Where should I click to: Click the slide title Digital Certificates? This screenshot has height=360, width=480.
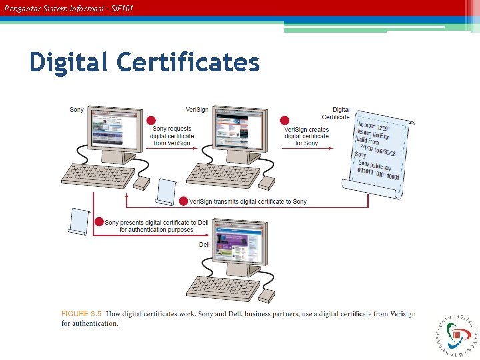click(144, 63)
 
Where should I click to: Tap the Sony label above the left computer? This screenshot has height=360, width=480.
click(77, 110)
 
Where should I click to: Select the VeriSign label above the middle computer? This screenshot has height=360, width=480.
click(197, 110)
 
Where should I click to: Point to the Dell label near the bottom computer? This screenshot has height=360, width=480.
click(204, 245)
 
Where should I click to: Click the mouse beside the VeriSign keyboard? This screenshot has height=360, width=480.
click(267, 182)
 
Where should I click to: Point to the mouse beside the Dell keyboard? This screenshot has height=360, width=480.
click(267, 295)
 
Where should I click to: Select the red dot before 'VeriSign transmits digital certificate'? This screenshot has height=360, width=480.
click(183, 201)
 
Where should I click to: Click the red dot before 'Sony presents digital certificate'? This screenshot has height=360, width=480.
click(99, 222)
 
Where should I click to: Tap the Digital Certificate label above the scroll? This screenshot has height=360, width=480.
click(341, 113)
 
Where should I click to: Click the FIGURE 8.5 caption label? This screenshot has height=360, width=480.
click(83, 314)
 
